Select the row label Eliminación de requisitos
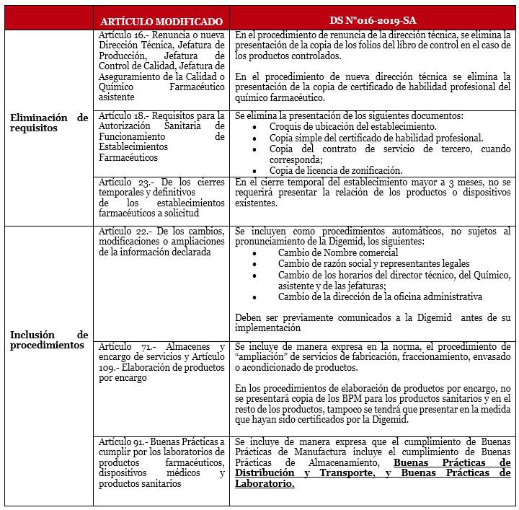point(49,123)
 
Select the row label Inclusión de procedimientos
point(49,340)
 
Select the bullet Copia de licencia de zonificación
point(336,170)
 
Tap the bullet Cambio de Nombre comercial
point(338,253)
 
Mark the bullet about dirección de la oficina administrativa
point(380,296)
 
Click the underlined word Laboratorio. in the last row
point(265,484)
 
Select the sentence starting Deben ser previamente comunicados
point(373,322)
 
